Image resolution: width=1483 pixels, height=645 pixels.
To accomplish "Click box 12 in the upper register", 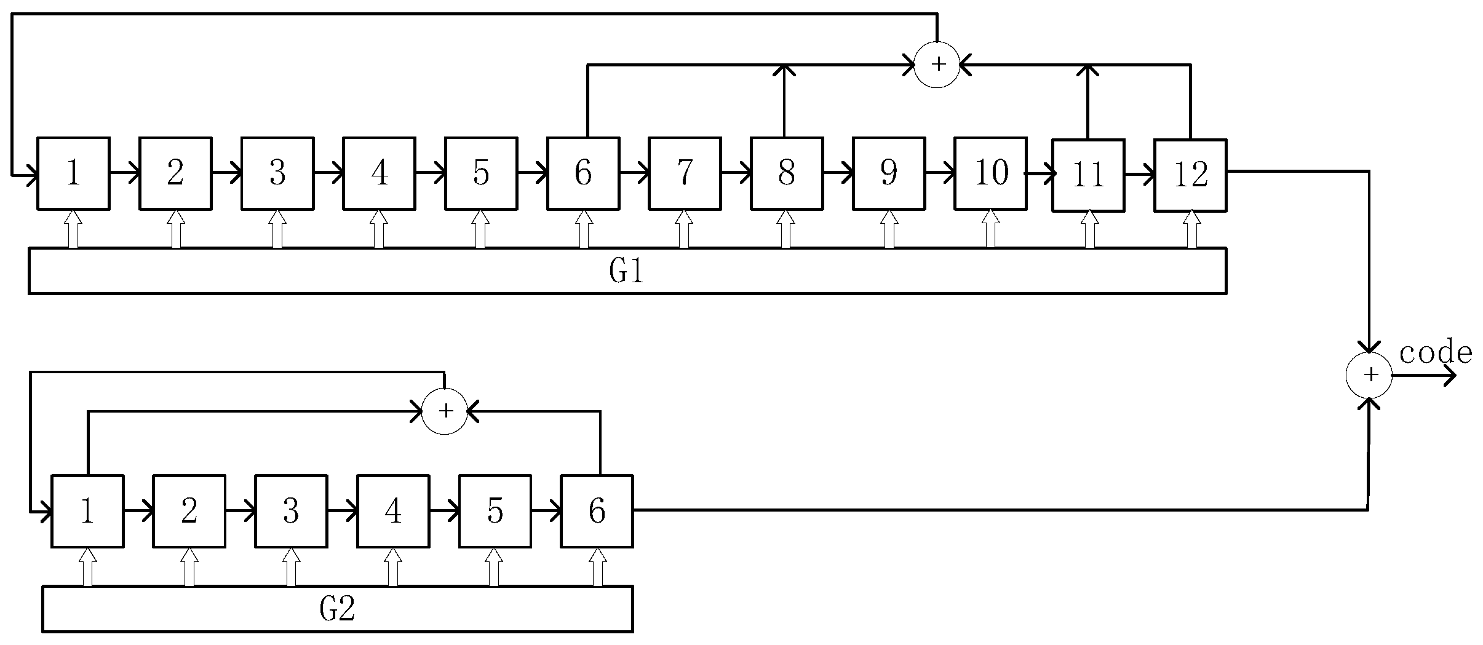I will point(1190,175).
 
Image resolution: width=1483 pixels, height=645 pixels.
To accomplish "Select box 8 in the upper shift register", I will point(786,173).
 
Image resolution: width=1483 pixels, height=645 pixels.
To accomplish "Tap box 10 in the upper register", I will point(990,173).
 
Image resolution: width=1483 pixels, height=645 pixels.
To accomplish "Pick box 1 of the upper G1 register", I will point(73,173).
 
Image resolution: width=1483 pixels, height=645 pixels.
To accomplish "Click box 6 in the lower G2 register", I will point(596,510).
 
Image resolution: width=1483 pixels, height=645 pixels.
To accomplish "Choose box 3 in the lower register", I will point(290,510).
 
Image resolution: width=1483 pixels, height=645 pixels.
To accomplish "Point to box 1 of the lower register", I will point(87,510).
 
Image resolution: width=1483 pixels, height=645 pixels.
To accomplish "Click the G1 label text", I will point(626,271).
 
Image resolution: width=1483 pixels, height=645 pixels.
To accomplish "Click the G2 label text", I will point(337,609).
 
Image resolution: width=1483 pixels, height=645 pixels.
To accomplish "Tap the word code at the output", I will point(1435,353).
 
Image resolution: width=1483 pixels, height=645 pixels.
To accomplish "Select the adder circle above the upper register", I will point(937,65).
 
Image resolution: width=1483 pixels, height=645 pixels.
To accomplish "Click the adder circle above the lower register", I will point(445,411).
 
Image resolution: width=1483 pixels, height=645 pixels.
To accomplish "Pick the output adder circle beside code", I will point(1369,375).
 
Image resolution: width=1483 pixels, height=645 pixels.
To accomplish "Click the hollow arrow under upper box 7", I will point(684,229).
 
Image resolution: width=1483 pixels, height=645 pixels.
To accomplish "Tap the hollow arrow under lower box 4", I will point(392,566).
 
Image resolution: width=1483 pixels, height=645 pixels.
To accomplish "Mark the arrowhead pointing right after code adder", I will point(1449,376).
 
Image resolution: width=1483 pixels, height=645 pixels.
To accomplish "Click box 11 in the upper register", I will point(1087,175).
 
